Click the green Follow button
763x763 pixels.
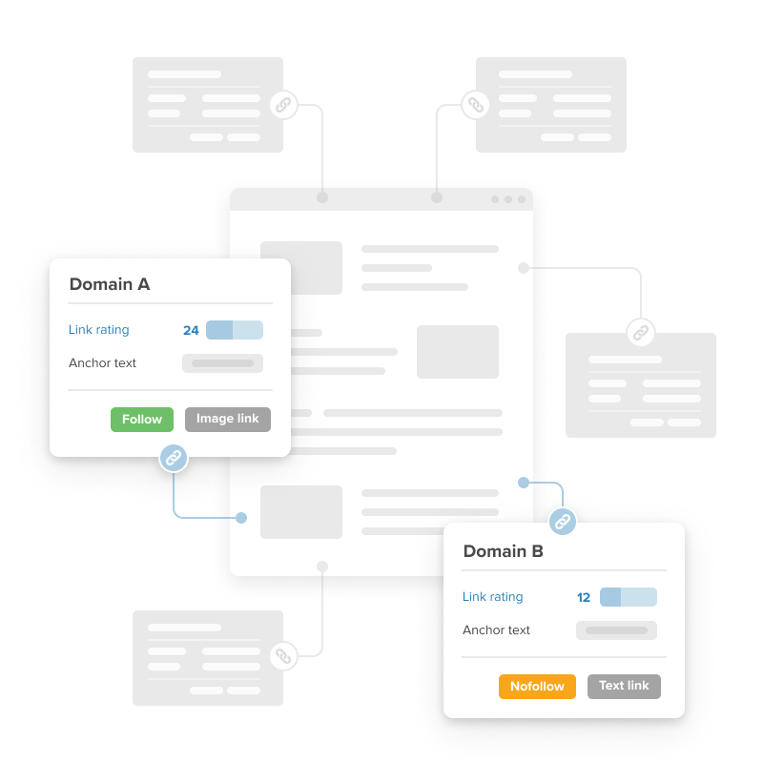click(142, 420)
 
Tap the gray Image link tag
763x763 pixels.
click(228, 420)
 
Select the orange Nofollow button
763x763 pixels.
click(537, 687)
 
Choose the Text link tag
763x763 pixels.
click(624, 687)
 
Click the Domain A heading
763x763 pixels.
click(110, 284)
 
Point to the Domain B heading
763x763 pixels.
click(504, 551)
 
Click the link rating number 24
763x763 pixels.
click(191, 330)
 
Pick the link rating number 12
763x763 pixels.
click(584, 598)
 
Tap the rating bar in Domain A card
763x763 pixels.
click(235, 330)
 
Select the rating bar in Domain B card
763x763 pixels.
click(629, 597)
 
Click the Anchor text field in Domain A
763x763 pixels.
click(222, 363)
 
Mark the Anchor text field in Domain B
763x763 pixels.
click(616, 630)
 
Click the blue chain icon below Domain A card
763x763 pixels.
click(174, 458)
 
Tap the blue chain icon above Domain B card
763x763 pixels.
click(563, 522)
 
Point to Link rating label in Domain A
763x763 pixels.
click(99, 330)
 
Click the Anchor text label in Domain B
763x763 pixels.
click(496, 630)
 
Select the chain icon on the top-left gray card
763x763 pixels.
click(283, 105)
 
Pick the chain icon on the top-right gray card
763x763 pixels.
click(475, 105)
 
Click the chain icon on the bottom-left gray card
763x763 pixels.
click(283, 656)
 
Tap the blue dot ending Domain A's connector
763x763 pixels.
click(241, 518)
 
